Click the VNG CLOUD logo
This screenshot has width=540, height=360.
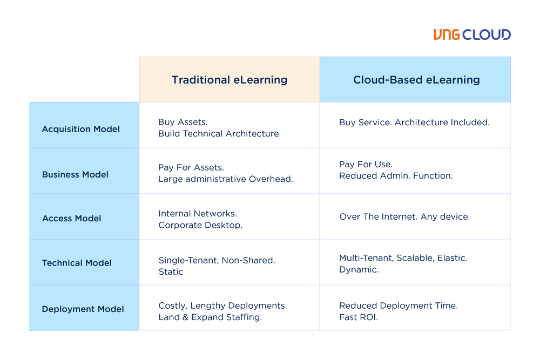471,35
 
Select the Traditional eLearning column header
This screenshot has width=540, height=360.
230,80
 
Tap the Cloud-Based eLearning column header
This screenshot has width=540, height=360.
416,80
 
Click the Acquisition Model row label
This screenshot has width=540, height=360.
81,129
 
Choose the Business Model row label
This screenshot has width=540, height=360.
75,174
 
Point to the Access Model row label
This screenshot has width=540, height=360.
72,219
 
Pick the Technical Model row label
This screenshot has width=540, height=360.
77,263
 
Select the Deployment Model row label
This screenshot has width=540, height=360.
83,309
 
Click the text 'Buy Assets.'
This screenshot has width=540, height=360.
183,123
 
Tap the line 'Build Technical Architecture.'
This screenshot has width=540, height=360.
219,134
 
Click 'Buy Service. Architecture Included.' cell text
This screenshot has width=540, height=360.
414,123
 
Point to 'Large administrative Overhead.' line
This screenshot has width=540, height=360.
225,179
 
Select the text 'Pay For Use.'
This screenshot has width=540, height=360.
366,164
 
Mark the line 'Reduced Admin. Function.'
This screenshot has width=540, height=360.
396,175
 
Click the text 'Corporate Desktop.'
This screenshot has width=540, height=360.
200,225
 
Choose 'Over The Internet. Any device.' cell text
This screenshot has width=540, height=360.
404,217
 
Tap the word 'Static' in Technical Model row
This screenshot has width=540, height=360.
171,272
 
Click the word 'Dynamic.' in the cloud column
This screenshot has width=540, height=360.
359,269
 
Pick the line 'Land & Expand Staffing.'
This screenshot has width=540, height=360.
210,317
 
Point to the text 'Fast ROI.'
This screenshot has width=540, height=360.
359,317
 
